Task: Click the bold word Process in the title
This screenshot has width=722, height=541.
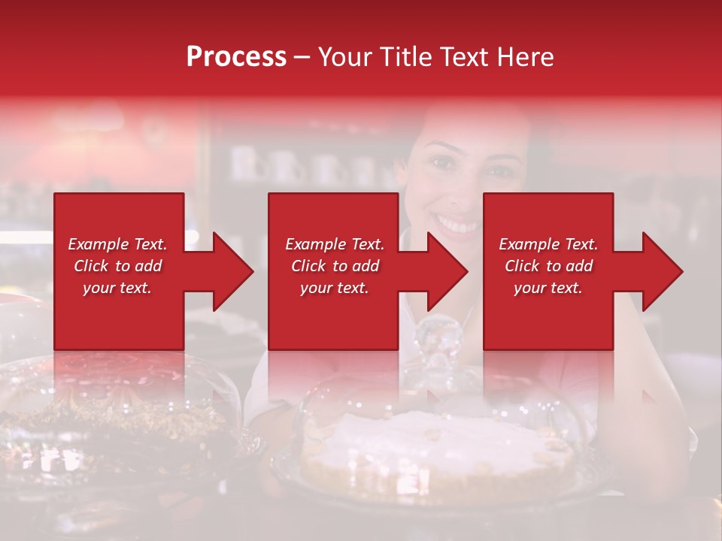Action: pyautogui.click(x=236, y=57)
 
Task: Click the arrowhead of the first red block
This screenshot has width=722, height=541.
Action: pyautogui.click(x=230, y=271)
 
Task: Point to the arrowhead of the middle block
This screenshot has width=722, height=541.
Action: pyautogui.click(x=445, y=271)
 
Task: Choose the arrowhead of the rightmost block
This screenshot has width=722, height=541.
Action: pyautogui.click(x=660, y=271)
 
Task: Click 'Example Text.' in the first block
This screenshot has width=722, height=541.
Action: pyautogui.click(x=117, y=244)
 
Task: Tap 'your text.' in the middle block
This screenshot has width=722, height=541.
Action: pyautogui.click(x=334, y=288)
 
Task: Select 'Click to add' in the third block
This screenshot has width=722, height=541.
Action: pyautogui.click(x=548, y=266)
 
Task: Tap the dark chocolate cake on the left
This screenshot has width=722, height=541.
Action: pyautogui.click(x=113, y=421)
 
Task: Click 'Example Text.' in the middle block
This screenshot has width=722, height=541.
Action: pyautogui.click(x=334, y=244)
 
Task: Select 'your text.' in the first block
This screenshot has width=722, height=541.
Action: pyautogui.click(x=117, y=288)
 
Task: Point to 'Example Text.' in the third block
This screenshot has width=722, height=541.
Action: pyautogui.click(x=548, y=244)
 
